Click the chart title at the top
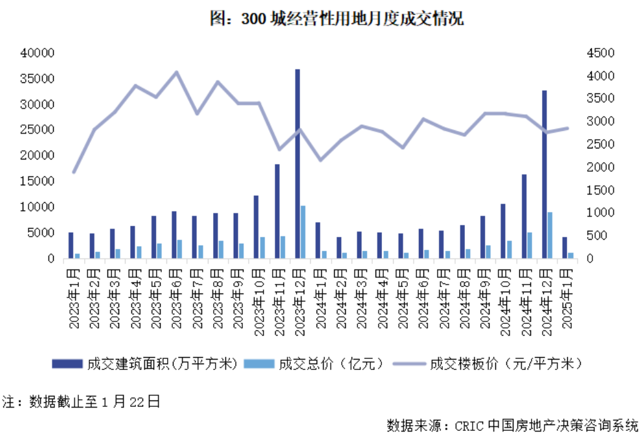coord(337,19)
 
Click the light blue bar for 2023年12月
coord(303,232)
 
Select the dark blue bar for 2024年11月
coord(524,216)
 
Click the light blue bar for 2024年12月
coord(550,235)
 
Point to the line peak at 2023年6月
coord(177,72)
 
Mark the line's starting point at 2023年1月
coord(74,172)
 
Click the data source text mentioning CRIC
coord(512,426)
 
